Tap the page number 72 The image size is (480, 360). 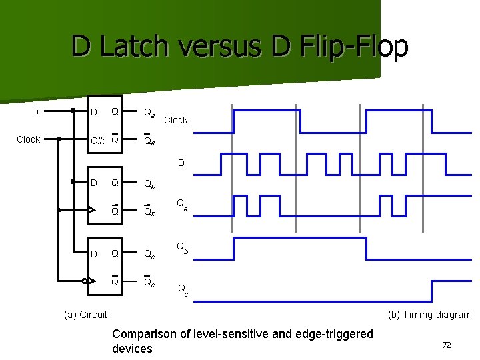pos(447,345)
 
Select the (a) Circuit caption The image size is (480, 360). pos(85,315)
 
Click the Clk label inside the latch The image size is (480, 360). pos(97,140)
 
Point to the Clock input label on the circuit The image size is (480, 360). pos(28,139)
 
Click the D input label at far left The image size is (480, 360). pos(35,112)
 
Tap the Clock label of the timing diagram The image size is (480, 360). pos(176,120)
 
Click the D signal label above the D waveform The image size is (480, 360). pos(181,163)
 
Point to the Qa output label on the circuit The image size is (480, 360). pos(150,113)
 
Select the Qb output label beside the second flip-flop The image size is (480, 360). pos(151,183)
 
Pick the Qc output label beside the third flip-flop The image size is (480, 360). pos(151,253)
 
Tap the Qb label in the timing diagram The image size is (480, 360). pos(181,247)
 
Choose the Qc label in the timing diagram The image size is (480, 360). pos(181,289)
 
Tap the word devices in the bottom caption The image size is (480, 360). pos(132,349)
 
